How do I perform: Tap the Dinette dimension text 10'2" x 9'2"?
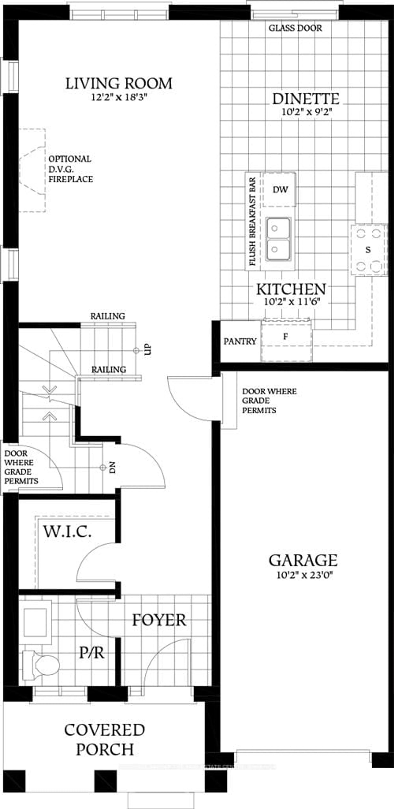click(306, 112)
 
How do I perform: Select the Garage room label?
click(303, 561)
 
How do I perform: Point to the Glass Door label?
click(295, 28)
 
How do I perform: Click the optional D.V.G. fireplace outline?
click(32, 170)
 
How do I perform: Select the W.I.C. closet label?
click(67, 532)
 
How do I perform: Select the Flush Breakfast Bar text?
click(252, 221)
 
